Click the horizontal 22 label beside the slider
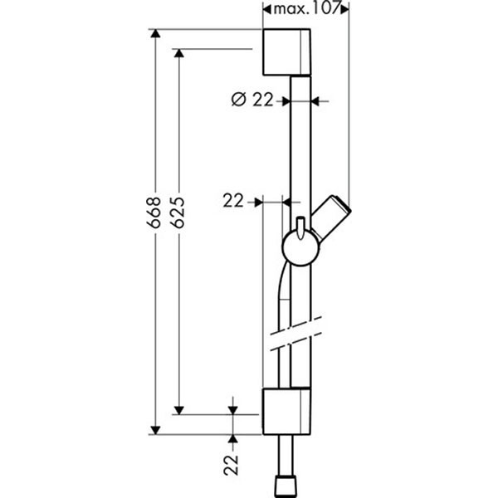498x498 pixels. click(235, 200)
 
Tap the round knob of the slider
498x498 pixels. click(297, 247)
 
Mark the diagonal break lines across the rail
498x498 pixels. click(294, 332)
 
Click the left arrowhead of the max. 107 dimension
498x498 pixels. click(266, 10)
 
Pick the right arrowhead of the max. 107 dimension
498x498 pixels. click(345, 10)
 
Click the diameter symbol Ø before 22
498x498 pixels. click(237, 101)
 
